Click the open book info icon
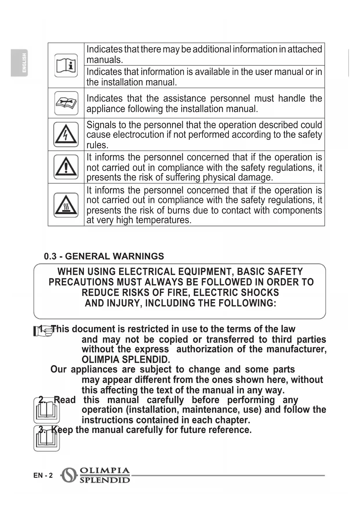[x=66, y=65]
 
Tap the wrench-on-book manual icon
[x=66, y=103]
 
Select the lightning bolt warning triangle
[x=66, y=134]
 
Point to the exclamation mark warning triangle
[x=66, y=167]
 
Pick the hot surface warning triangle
[x=66, y=205]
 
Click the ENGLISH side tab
[x=19, y=63]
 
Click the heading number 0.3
[x=50, y=256]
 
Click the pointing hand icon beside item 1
[x=42, y=331]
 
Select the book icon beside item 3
[x=46, y=438]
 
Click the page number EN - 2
[x=43, y=475]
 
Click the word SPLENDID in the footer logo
[x=104, y=480]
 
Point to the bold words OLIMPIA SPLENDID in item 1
[x=125, y=360]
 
